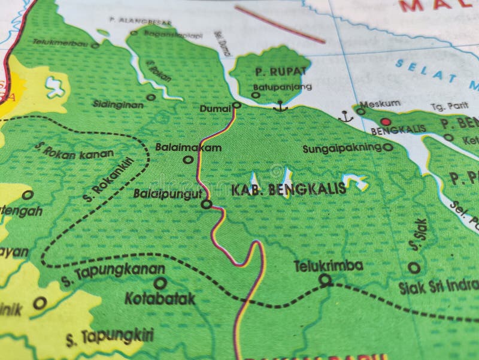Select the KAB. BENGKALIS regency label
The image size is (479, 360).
point(288,189)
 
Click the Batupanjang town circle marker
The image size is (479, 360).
point(256,95)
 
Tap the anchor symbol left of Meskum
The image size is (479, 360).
point(345,116)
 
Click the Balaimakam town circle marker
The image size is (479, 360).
point(188,159)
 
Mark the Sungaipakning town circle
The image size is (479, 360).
point(387,147)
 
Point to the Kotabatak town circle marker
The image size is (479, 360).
point(160,283)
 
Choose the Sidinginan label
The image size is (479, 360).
point(118,104)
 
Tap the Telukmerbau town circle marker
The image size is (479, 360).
point(95,45)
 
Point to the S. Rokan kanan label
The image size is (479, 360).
point(74,149)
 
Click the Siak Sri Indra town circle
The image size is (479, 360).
point(414,268)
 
